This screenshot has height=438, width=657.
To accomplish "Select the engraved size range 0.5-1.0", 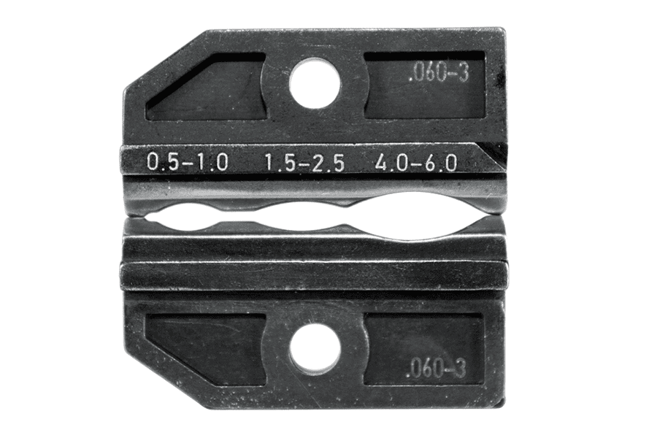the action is (188, 163).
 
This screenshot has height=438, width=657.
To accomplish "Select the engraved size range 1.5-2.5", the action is (303, 163).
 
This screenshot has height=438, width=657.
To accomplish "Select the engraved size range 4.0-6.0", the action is (415, 163).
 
